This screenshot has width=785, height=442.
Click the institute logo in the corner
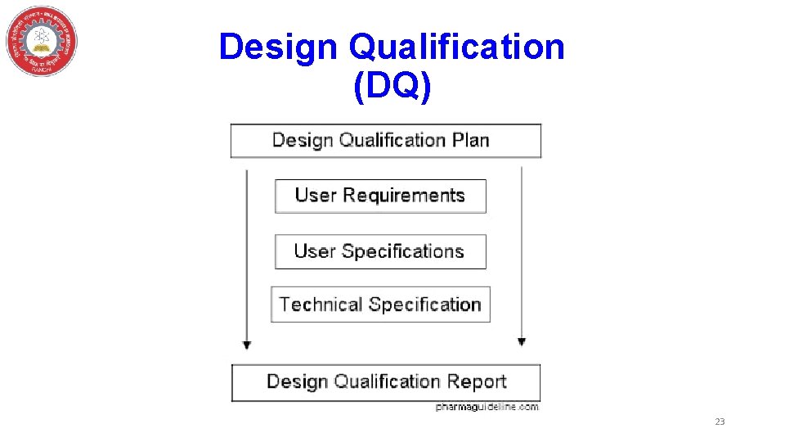pyautogui.click(x=42, y=41)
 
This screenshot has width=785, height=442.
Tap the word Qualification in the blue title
pyautogui.click(x=456, y=47)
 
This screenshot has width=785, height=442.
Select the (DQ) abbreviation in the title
pyautogui.click(x=392, y=87)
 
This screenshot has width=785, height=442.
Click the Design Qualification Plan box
pyautogui.click(x=386, y=140)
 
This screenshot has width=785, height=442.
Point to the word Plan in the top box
pyautogui.click(x=470, y=140)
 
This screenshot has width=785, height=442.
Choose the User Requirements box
pyautogui.click(x=380, y=196)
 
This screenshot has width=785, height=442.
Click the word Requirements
pyautogui.click(x=404, y=196)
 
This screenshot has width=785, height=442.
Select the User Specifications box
pyautogui.click(x=380, y=251)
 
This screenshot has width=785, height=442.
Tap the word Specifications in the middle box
pyautogui.click(x=403, y=251)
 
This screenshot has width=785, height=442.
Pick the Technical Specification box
pyautogui.click(x=380, y=304)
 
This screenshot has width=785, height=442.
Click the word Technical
pyautogui.click(x=321, y=304)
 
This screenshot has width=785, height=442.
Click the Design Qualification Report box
pyautogui.click(x=386, y=381)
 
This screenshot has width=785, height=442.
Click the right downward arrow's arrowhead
pyautogui.click(x=522, y=341)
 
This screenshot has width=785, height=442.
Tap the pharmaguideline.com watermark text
pyautogui.click(x=487, y=407)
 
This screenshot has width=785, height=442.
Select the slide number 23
pyautogui.click(x=720, y=422)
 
